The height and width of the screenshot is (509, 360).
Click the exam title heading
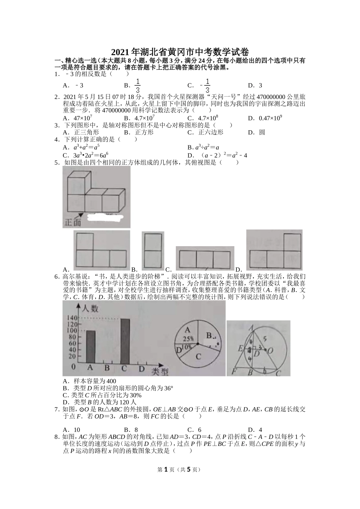(x=180, y=52)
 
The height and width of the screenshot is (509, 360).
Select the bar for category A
(x=91, y=347)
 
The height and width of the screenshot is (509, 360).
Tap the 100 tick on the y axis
(x=72, y=330)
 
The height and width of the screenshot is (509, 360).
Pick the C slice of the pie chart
(x=198, y=356)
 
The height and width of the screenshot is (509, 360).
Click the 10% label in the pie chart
(x=186, y=347)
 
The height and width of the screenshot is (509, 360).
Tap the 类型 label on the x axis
(x=160, y=372)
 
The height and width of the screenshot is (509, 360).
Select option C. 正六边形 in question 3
(x=205, y=132)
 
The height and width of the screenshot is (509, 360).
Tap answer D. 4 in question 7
(x=255, y=429)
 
